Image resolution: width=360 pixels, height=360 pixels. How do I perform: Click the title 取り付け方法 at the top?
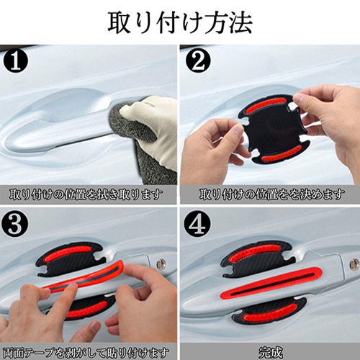point(180,23)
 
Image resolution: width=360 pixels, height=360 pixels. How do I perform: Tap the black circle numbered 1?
point(16,61)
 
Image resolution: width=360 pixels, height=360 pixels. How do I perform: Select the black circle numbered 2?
point(198,61)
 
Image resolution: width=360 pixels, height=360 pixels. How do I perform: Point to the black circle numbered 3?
point(16,225)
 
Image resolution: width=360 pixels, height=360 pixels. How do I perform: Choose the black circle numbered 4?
point(198,225)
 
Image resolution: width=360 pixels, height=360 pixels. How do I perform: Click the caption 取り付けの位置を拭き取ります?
point(86,194)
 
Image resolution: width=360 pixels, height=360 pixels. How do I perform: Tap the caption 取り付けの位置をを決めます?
point(271,194)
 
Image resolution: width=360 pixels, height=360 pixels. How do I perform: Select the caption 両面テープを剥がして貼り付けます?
point(86,353)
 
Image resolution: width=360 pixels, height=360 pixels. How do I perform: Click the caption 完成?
point(271,353)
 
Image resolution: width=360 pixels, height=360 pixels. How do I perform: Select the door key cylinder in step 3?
point(161,264)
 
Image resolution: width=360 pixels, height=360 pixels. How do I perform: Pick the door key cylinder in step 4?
point(355,264)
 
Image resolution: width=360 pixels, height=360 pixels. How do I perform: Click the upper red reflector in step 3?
point(68,253)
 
